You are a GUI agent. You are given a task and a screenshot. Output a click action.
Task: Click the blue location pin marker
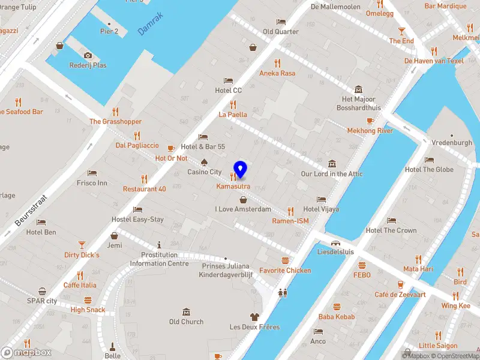point(240,170)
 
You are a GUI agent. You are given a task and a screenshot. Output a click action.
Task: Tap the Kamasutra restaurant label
point(233,187)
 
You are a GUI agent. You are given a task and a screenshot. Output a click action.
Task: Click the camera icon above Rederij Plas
point(88,55)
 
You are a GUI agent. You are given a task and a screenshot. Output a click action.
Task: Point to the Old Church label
point(186,322)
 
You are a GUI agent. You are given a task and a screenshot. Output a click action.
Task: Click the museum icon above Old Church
point(186,312)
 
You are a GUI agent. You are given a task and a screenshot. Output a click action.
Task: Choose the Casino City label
point(204,172)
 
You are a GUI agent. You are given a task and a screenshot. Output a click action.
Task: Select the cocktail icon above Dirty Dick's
point(82,245)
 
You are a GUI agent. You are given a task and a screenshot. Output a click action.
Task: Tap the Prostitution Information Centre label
point(159,259)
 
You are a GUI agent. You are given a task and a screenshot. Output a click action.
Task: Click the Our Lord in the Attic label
point(332,174)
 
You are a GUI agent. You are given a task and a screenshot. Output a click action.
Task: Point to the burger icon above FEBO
point(362,265)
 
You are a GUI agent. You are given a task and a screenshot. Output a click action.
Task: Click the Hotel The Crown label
point(391,230)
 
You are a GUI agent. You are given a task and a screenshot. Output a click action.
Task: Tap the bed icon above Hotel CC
point(228,80)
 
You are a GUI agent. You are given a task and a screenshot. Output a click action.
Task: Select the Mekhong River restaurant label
point(370,130)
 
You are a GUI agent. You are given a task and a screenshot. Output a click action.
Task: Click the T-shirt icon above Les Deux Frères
point(254,317)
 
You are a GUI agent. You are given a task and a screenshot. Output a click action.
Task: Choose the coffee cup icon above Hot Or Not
point(171,148)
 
